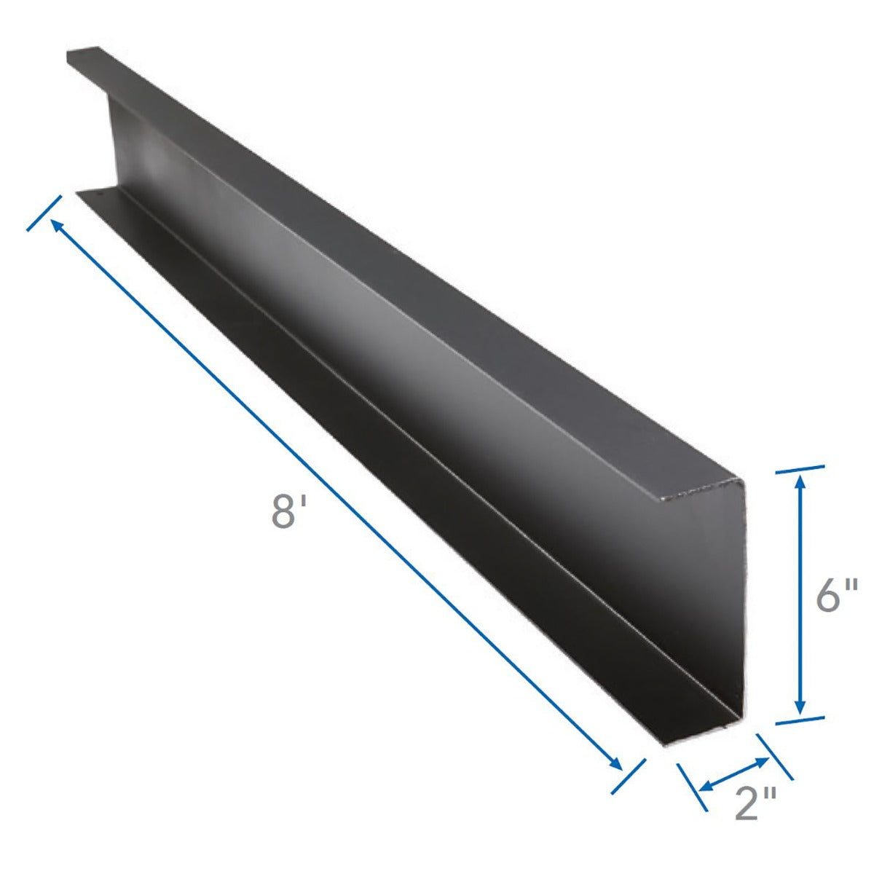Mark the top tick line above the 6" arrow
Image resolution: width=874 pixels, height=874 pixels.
(x=800, y=469)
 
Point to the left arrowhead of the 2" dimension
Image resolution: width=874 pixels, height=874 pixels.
(x=705, y=787)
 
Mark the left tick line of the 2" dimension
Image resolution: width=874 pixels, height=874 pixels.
(x=692, y=787)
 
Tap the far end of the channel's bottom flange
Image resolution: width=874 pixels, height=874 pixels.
(x=91, y=193)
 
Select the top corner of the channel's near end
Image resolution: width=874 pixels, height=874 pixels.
(x=741, y=482)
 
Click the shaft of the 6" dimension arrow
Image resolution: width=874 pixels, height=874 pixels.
(x=800, y=594)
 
